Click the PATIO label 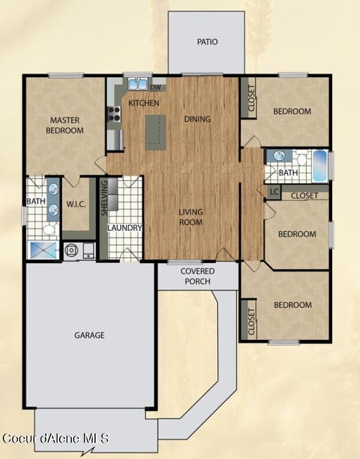[207, 42]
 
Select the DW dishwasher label [156, 88]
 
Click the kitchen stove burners [113, 113]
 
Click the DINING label [197, 119]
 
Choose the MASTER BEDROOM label [64, 125]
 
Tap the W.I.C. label [76, 203]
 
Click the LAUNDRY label [124, 228]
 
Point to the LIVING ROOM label [190, 217]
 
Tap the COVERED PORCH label [197, 276]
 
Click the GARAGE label [89, 335]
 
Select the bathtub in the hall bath [320, 166]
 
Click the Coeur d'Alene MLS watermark [56, 438]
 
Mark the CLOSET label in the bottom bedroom [251, 321]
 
